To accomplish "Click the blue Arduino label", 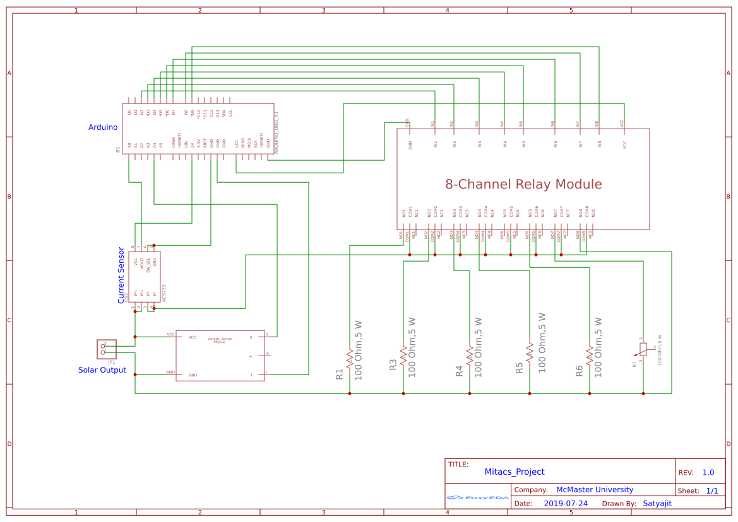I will (x=102, y=127).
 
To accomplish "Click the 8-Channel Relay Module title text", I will (x=523, y=185).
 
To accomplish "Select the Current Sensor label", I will (x=121, y=275).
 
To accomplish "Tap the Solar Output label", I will (x=102, y=370).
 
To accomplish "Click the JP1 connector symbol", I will (x=106, y=349).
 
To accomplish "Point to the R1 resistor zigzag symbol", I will (x=349, y=354).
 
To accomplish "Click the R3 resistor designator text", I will (x=393, y=364).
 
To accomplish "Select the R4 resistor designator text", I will (x=459, y=371).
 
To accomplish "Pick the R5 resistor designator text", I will (x=519, y=368).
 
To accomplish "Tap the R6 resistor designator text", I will (x=579, y=371).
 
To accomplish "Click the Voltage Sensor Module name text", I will (x=220, y=340).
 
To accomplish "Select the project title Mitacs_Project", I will (x=514, y=472).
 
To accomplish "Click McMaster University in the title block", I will (x=594, y=490).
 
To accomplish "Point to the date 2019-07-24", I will (x=565, y=504).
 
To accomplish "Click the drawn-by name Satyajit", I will (x=657, y=504).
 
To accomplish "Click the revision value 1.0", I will (x=708, y=472).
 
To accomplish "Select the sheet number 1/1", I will (x=711, y=490).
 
